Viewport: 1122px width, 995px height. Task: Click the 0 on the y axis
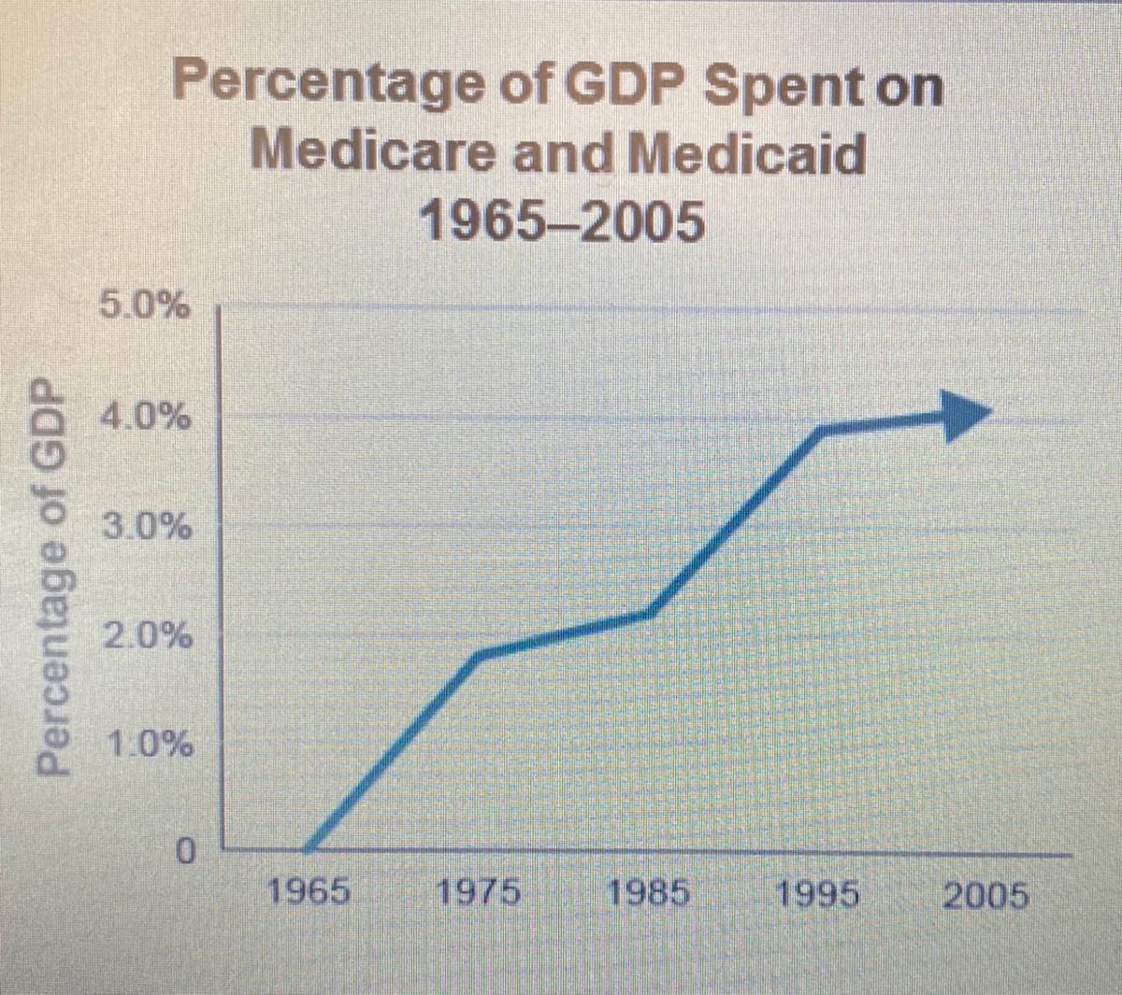(184, 851)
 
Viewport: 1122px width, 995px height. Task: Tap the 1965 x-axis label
(309, 893)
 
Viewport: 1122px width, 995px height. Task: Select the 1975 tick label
(479, 893)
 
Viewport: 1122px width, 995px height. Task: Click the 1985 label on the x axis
(649, 893)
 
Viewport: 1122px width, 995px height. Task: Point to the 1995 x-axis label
(818, 895)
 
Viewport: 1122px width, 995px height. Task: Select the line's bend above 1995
(821, 429)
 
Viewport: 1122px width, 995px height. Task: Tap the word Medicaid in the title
(745, 154)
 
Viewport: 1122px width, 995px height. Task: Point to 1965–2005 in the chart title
(561, 222)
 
